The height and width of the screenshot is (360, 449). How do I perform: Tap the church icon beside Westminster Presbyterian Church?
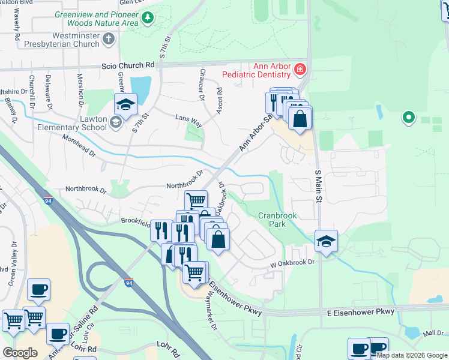tap(109, 39)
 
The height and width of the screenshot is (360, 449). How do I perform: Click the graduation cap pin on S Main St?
tap(327, 241)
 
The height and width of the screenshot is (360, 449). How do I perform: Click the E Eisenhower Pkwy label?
tap(361, 312)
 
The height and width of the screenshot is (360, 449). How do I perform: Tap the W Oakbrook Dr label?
tap(292, 263)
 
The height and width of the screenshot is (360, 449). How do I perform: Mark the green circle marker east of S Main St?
tap(409, 117)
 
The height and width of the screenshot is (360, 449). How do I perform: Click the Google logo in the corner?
tap(20, 353)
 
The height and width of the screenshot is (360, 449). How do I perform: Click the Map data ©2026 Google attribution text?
tap(412, 355)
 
